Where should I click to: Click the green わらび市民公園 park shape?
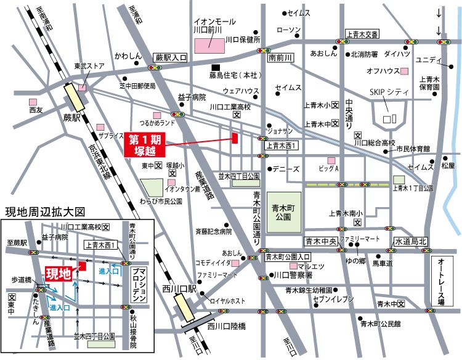coord(151,187)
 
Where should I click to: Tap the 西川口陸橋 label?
coord(227,325)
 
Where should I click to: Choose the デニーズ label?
coord(287,168)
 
